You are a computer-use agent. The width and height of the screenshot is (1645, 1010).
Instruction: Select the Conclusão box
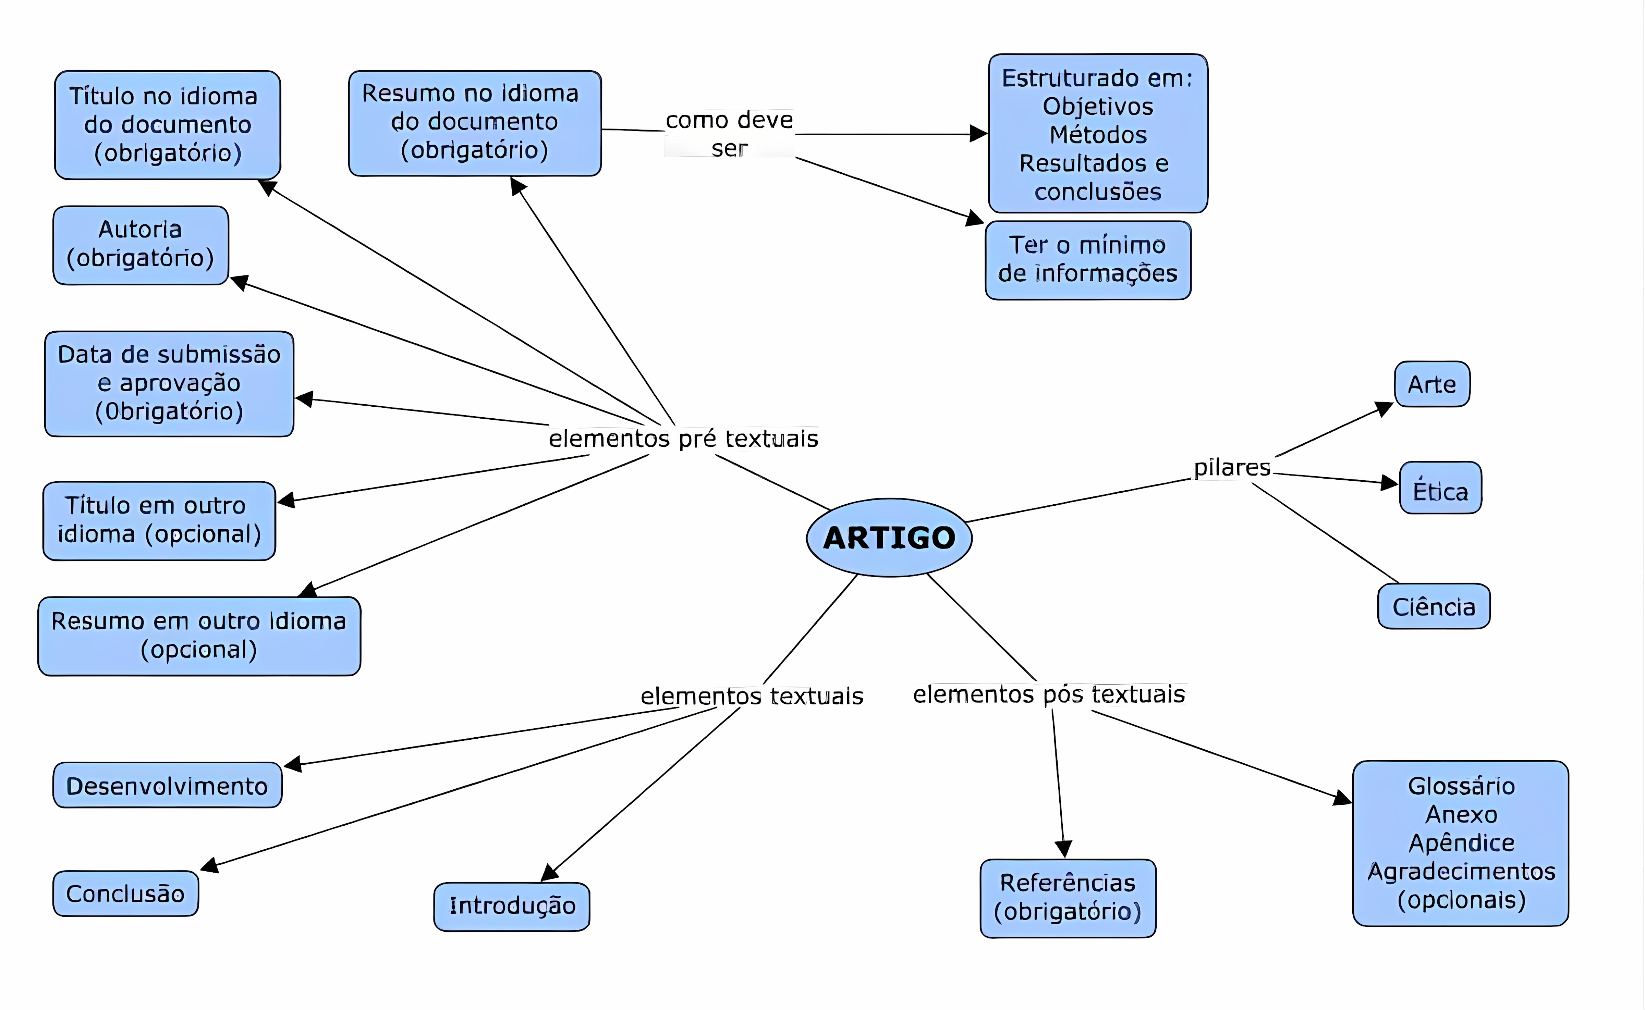pyautogui.click(x=126, y=893)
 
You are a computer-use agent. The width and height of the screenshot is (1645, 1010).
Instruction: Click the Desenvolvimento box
pyautogui.click(x=167, y=786)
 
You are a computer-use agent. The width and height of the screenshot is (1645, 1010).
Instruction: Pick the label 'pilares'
pyautogui.click(x=1231, y=468)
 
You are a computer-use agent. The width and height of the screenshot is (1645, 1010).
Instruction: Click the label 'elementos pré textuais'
pyautogui.click(x=683, y=439)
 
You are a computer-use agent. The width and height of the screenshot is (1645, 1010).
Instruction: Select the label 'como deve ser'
pyautogui.click(x=729, y=134)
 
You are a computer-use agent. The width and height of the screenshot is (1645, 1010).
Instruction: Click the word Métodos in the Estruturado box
pyautogui.click(x=1098, y=135)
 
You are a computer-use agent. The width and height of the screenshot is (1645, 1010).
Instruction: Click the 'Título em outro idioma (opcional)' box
pyautogui.click(x=159, y=520)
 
